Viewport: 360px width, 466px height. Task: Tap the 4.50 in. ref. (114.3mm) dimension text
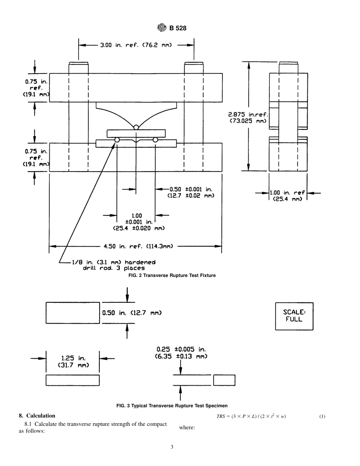[138, 246]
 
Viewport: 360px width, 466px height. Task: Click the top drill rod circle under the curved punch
[136, 127]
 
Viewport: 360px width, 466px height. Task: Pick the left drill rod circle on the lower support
[117, 140]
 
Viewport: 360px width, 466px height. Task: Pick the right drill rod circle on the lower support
[155, 140]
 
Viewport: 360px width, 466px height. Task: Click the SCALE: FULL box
[294, 316]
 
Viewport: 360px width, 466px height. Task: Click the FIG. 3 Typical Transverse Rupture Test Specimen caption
[172, 406]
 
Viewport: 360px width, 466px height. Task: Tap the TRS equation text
[251, 417]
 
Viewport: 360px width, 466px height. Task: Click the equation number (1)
[322, 417]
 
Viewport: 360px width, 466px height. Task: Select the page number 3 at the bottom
[172, 447]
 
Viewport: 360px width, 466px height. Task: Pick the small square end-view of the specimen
[224, 380]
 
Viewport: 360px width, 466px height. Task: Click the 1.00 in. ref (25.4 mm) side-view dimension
[287, 196]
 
